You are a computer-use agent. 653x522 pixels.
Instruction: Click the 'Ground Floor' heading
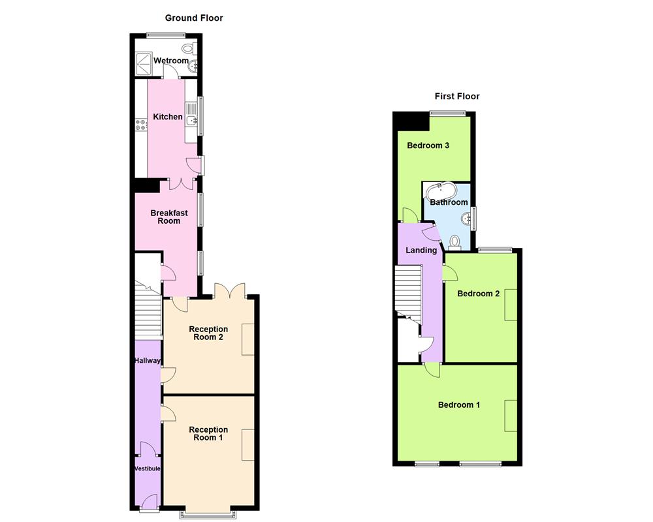click(x=194, y=18)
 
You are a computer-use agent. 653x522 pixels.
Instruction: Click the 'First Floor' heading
click(x=457, y=97)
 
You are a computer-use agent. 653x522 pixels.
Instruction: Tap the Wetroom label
click(x=170, y=61)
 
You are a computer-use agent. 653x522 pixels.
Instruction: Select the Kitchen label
click(x=168, y=117)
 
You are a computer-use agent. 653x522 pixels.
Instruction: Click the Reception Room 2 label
click(x=208, y=333)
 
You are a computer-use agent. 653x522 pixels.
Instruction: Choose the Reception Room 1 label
click(x=208, y=433)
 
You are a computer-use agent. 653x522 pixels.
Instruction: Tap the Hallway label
click(x=147, y=360)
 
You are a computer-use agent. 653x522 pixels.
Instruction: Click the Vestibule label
click(x=148, y=468)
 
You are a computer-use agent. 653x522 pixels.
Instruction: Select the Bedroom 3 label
click(x=428, y=146)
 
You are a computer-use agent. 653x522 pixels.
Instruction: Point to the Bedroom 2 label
click(x=478, y=294)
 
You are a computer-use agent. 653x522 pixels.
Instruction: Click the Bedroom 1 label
click(x=458, y=405)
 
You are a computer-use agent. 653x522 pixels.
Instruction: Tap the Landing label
click(x=421, y=250)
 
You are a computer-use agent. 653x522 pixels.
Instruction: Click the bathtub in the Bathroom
click(x=442, y=192)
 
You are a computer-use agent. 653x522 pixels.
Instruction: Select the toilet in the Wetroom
click(x=189, y=48)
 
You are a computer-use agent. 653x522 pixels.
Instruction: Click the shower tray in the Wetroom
click(x=143, y=62)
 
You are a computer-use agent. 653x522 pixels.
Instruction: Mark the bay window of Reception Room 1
click(x=209, y=514)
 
